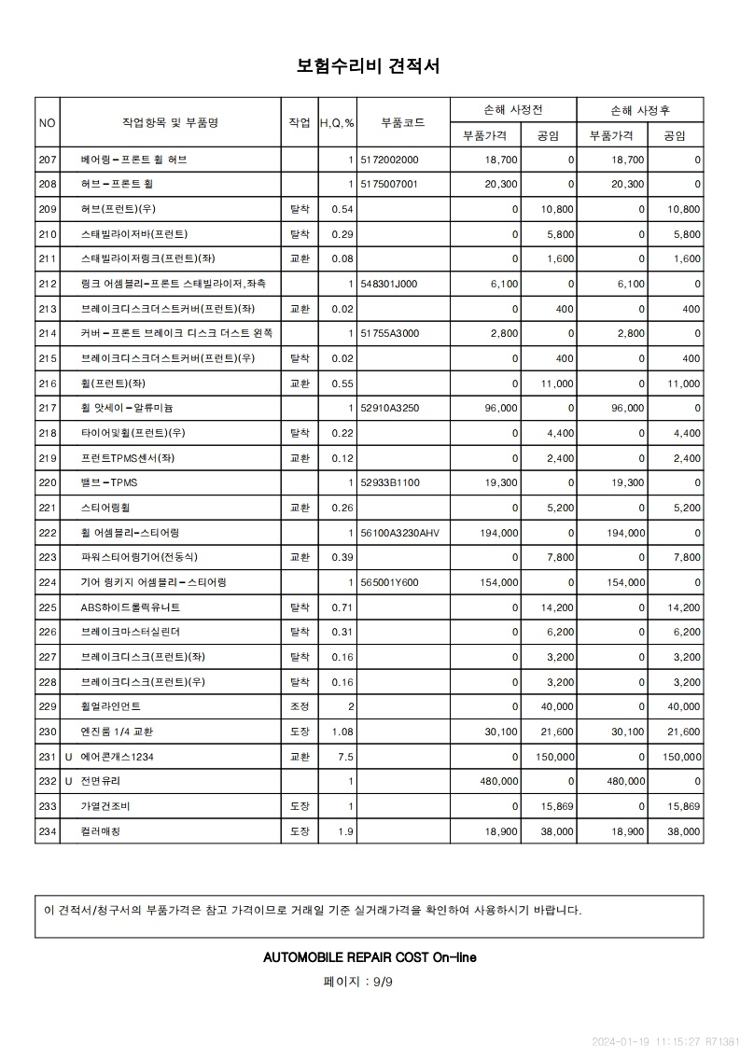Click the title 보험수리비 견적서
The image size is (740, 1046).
369,66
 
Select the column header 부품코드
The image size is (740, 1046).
403,123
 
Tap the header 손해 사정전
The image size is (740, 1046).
512,110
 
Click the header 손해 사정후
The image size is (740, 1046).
639,110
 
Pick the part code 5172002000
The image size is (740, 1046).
389,160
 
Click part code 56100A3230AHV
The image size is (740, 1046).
398,533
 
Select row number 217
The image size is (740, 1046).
49,408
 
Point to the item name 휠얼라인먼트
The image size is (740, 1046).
116,706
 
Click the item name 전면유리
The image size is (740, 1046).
101,781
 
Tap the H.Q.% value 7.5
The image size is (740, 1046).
345,757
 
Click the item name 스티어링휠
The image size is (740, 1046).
106,508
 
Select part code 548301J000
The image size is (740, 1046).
389,284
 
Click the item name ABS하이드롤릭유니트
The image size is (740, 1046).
130,607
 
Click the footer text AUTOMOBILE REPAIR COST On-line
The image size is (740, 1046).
370,957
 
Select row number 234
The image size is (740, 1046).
49,831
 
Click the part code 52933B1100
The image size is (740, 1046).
390,482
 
